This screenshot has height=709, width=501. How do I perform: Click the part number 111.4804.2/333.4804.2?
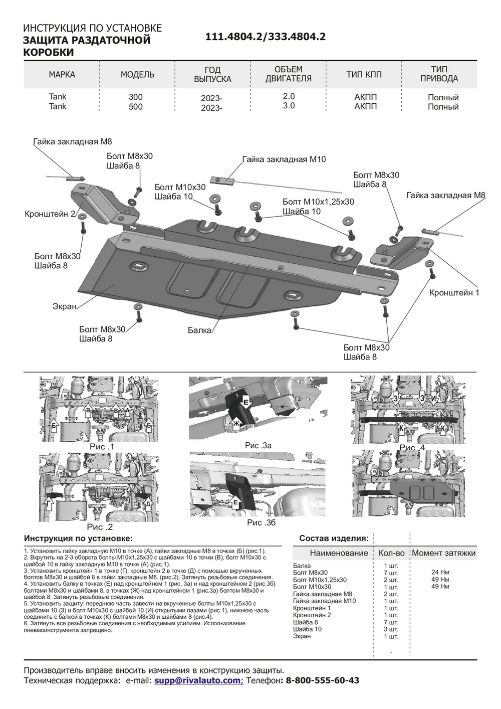265,37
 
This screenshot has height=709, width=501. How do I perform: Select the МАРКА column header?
62,75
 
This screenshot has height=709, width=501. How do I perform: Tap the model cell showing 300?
135,97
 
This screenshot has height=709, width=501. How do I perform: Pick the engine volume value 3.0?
289,106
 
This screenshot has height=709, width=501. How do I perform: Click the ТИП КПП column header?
364,75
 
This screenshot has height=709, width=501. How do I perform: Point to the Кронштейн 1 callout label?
454,293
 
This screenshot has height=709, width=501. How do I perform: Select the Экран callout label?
65,306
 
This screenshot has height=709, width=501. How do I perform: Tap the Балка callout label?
199,330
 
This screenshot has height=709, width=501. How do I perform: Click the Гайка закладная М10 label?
284,159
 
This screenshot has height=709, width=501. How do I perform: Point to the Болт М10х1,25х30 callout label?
318,202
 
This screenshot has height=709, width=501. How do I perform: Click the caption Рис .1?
102,447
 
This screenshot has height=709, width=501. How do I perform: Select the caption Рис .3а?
258,445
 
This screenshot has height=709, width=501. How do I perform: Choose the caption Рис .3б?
262,522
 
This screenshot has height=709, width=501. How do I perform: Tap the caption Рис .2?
100,527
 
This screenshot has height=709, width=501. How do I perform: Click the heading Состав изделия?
334,538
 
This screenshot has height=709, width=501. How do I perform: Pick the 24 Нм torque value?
440,572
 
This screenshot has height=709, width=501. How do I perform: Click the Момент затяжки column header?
443,553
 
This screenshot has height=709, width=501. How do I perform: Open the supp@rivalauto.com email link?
197,680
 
